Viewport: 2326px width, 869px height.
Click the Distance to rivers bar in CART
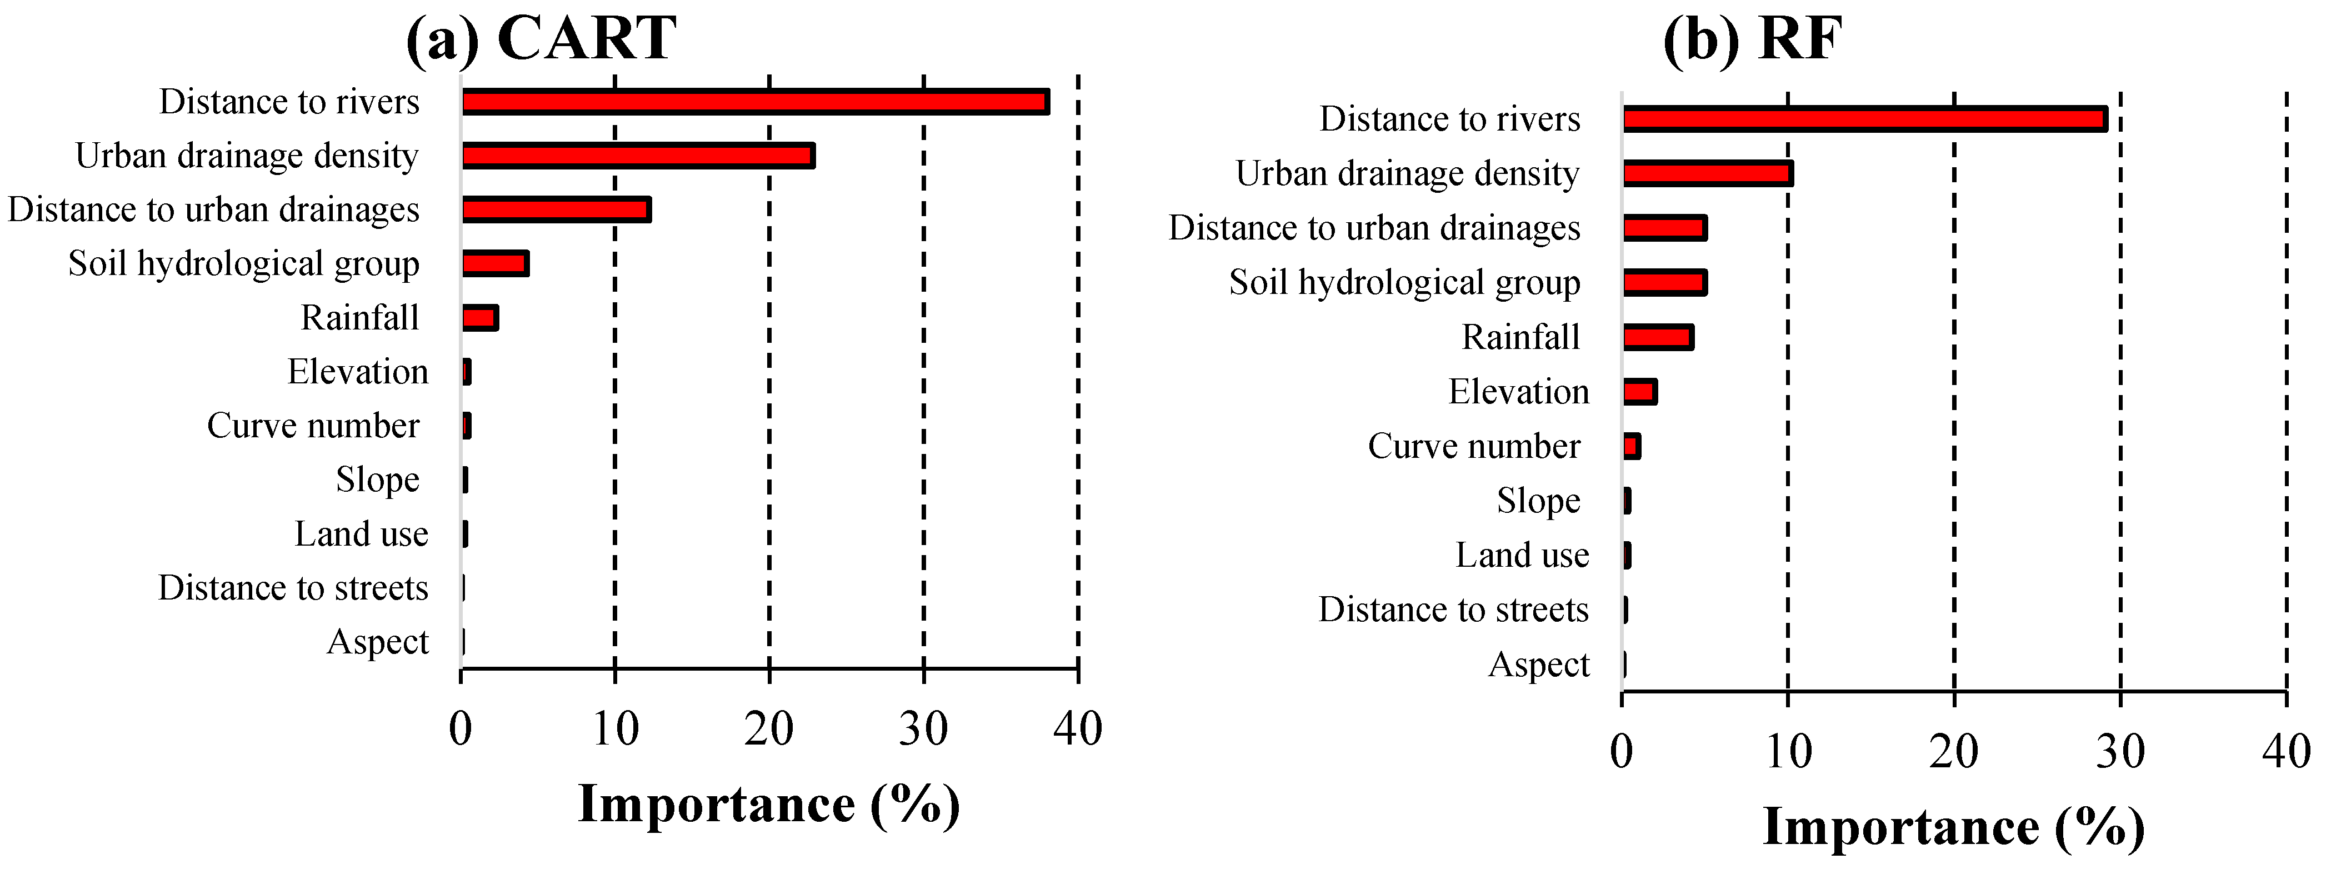tap(755, 102)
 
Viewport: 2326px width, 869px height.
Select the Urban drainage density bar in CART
tap(638, 156)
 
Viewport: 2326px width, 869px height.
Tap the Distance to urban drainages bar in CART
tap(556, 209)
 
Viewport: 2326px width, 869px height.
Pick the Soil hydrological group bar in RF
tap(1664, 283)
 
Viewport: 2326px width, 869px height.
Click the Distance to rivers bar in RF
tap(1864, 119)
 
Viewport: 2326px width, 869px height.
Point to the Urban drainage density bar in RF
tap(1708, 173)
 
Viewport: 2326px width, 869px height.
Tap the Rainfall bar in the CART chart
tap(479, 318)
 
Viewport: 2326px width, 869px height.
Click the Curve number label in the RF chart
tap(1474, 446)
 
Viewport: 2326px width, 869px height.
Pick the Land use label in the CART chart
tap(361, 534)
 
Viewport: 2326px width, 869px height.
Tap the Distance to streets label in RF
tap(1453, 610)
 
